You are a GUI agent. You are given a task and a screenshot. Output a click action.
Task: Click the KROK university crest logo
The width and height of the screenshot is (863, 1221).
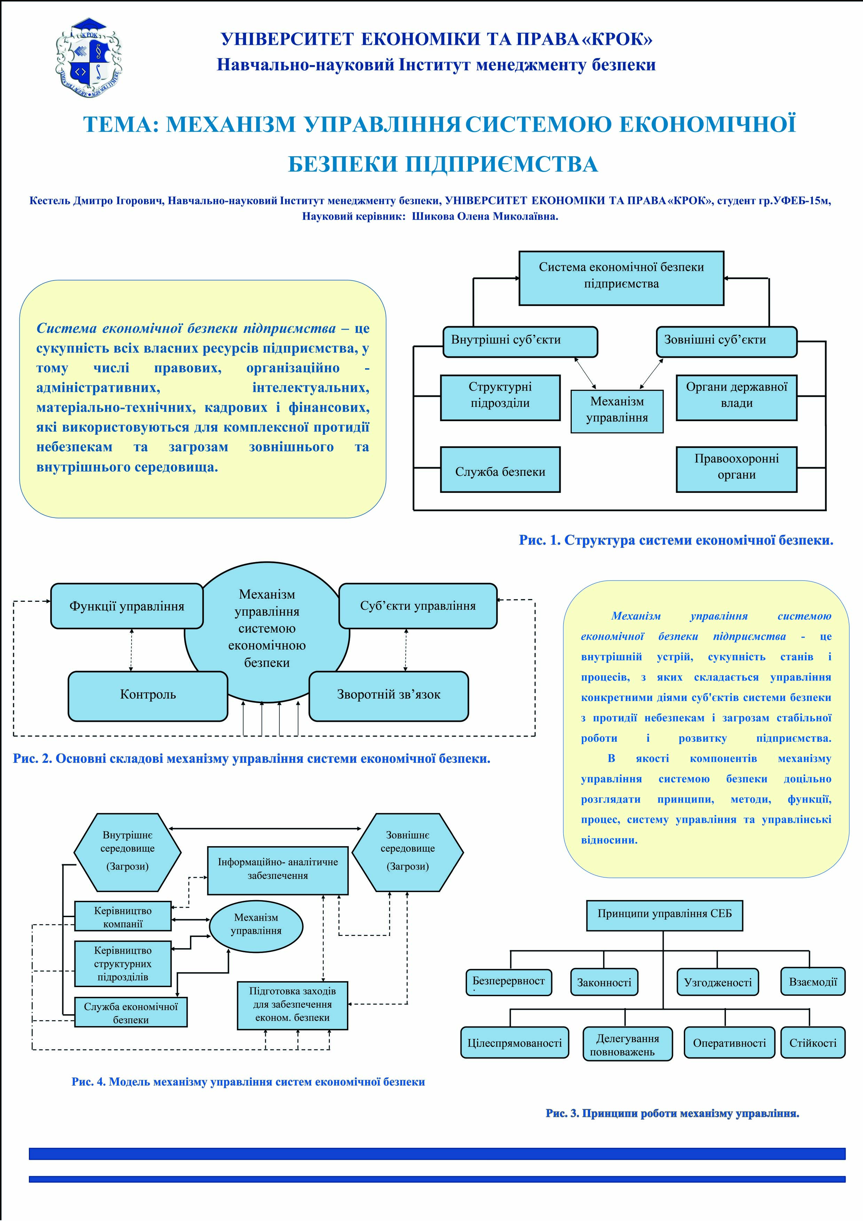tap(88, 58)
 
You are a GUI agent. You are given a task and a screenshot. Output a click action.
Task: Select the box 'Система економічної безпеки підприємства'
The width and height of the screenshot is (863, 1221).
tap(621, 278)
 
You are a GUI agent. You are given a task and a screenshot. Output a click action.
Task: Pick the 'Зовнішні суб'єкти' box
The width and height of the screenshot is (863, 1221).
tap(726, 341)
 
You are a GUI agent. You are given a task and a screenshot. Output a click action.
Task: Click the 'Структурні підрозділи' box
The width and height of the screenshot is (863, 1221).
tap(500, 398)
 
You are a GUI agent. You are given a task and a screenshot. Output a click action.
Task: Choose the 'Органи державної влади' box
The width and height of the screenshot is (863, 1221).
tap(736, 398)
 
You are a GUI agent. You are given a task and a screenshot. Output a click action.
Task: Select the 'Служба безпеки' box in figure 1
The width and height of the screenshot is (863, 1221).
tap(500, 469)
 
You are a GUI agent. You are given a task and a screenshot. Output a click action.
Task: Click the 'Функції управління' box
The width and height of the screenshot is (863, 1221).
tap(127, 606)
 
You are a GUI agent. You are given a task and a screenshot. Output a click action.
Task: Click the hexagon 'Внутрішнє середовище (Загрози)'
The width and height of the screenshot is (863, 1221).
tap(128, 852)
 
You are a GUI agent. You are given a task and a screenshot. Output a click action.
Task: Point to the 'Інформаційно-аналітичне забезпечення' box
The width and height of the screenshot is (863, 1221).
tap(278, 871)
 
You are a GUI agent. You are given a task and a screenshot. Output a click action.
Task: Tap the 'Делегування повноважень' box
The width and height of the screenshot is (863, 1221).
tap(627, 1043)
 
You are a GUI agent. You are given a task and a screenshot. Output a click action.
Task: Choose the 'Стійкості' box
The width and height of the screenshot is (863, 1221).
tap(813, 1043)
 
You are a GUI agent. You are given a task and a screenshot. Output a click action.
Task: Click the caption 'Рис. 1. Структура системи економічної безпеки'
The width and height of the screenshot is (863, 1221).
tap(676, 540)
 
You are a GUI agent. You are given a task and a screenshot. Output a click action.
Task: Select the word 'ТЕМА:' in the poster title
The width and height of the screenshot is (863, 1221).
tap(121, 125)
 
